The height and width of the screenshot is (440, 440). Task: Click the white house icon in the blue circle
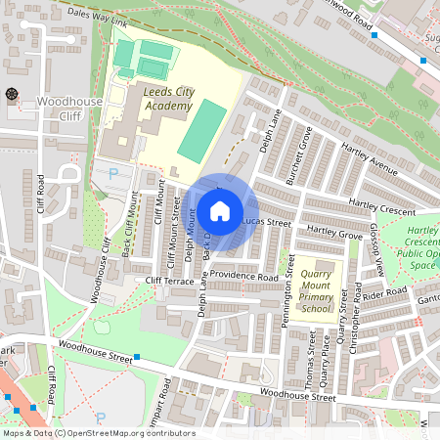(220, 210)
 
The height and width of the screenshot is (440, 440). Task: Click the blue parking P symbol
(113, 173)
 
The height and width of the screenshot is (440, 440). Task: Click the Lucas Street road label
(267, 223)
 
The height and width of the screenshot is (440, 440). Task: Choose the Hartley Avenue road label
(370, 159)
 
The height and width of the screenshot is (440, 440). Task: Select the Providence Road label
(244, 277)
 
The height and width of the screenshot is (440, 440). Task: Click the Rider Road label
(382, 292)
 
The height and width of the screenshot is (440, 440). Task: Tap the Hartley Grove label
(334, 231)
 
